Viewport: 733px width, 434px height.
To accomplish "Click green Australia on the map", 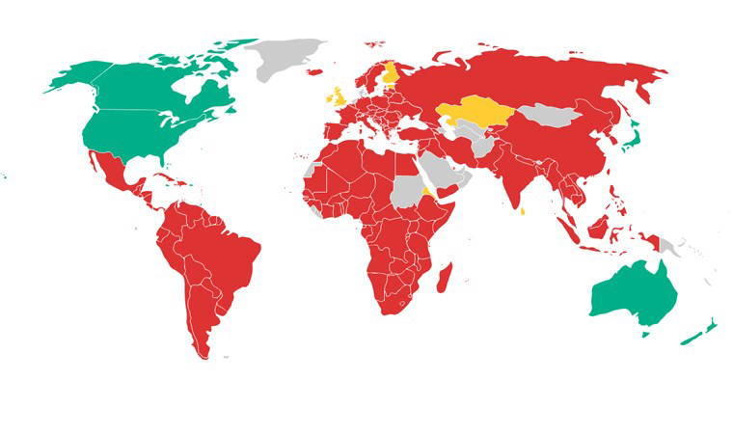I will [632, 290].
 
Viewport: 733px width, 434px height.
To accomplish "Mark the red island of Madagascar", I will [444, 280].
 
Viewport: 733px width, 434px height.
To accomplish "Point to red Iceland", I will [314, 70].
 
